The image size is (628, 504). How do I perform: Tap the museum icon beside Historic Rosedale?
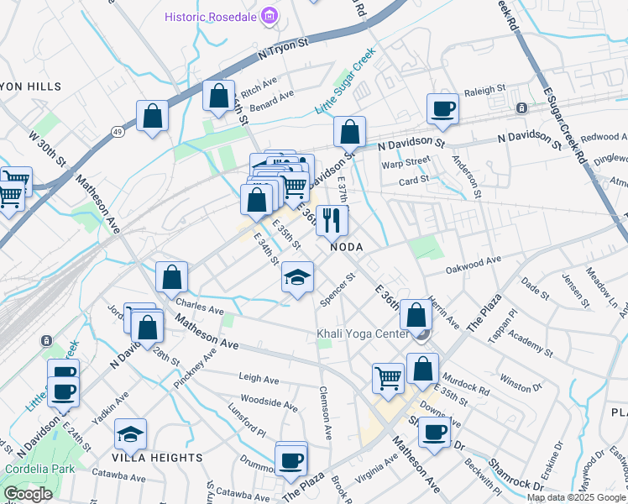[x=269, y=16]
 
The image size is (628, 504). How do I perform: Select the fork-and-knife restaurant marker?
[x=332, y=221]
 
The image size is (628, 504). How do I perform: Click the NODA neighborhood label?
[x=346, y=247]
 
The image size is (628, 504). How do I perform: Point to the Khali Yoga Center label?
[x=362, y=334]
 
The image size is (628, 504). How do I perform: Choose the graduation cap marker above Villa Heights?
[x=130, y=434]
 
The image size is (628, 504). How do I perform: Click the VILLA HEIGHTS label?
[x=158, y=458]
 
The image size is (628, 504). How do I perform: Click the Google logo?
[x=28, y=494]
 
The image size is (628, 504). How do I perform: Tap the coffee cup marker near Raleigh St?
[x=442, y=108]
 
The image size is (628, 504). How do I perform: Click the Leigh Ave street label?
[x=259, y=379]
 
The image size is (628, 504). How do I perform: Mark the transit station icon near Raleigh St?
[x=521, y=108]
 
